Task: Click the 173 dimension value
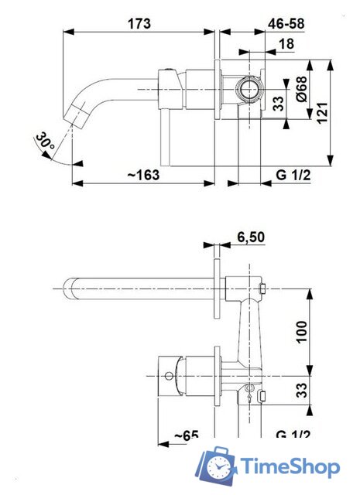(139, 23)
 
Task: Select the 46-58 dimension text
(285, 23)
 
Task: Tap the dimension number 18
(286, 45)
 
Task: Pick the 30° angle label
(45, 142)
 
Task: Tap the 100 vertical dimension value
(303, 332)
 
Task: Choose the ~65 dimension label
(186, 437)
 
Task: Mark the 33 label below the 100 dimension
(303, 387)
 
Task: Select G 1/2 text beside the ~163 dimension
(293, 176)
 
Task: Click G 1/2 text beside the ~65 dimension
(293, 437)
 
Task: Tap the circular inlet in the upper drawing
(249, 90)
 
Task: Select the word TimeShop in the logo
(290, 467)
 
